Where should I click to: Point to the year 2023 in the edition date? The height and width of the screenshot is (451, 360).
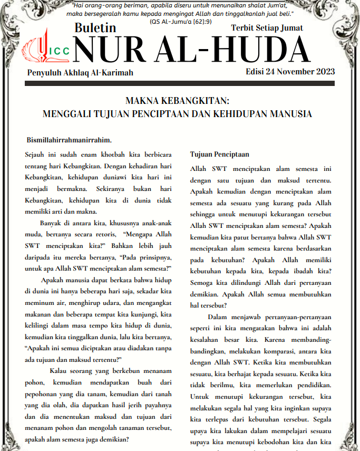pyautogui.click(x=323, y=72)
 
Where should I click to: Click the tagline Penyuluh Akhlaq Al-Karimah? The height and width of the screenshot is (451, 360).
pyautogui.click(x=80, y=72)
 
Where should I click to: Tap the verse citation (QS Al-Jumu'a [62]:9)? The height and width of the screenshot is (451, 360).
pyautogui.click(x=181, y=22)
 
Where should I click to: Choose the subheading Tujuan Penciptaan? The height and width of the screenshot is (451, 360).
pyautogui.click(x=219, y=155)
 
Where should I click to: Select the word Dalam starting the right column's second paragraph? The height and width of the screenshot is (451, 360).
pyautogui.click(x=218, y=317)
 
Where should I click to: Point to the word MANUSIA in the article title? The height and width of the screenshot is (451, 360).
pyautogui.click(x=290, y=113)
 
